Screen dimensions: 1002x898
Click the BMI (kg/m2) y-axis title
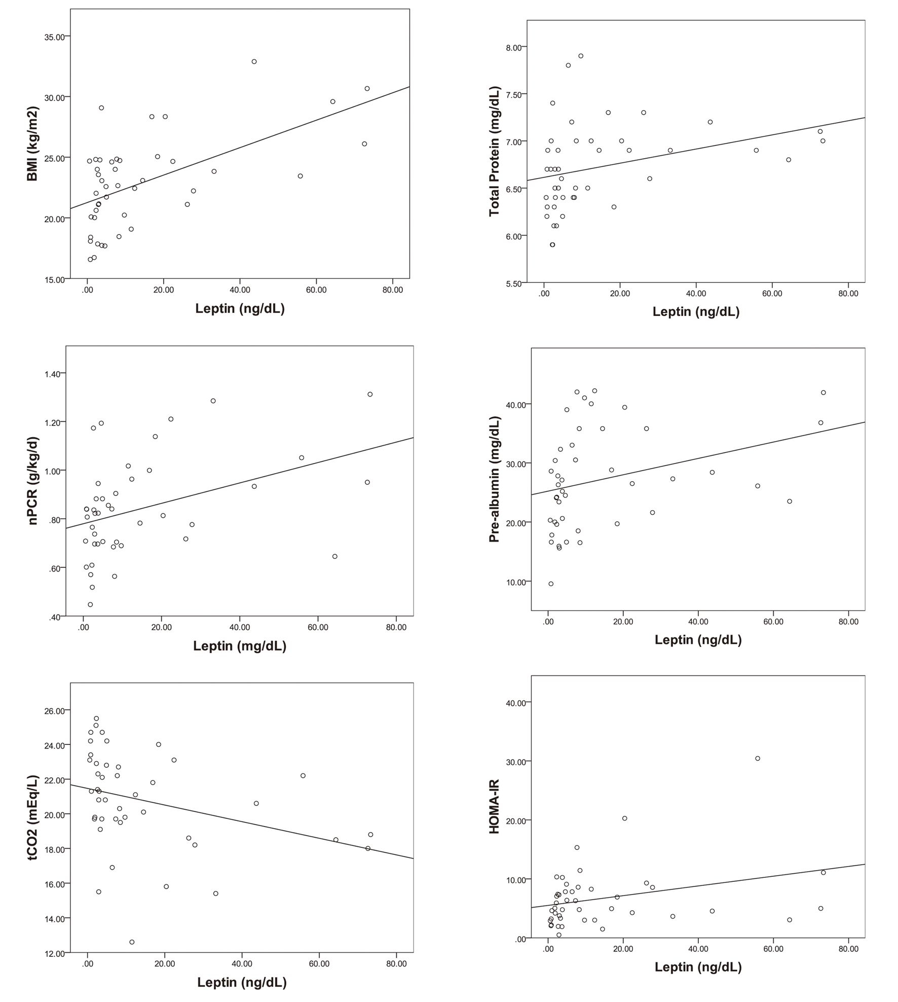[x=32, y=144]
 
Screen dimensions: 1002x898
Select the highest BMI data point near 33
[x=254, y=62]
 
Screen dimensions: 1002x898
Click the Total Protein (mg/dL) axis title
[x=494, y=151]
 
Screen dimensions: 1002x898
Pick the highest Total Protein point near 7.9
[x=581, y=56]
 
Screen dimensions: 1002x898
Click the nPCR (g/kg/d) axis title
[x=33, y=480]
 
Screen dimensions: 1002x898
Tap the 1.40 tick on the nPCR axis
[x=52, y=374]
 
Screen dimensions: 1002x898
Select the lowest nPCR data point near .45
[x=90, y=604]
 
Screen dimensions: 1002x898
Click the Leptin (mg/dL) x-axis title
[x=240, y=646]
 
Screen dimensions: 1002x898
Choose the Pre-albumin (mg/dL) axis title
[x=494, y=479]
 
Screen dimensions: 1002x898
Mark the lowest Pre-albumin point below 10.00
[x=551, y=584]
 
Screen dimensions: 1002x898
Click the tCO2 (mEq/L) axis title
[x=33, y=817]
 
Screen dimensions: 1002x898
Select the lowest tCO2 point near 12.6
[x=132, y=942]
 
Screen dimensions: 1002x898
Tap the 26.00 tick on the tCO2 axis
[x=54, y=711]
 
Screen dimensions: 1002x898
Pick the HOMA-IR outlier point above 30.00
[x=758, y=759]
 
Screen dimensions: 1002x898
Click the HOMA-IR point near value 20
[x=624, y=818]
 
